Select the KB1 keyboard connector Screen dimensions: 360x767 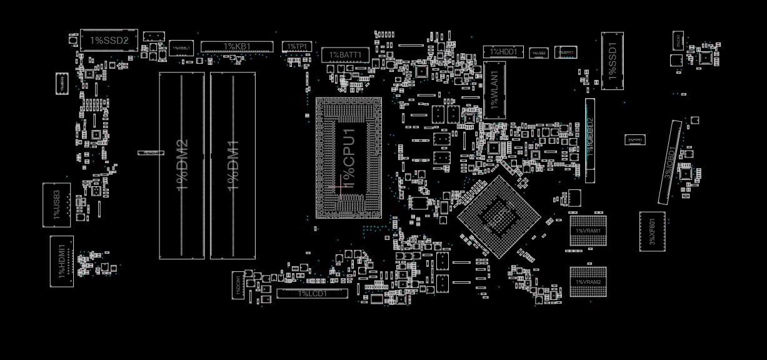pyautogui.click(x=237, y=47)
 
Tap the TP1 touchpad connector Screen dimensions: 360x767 pyautogui.click(x=296, y=47)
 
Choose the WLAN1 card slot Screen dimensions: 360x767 pyautogui.click(x=494, y=90)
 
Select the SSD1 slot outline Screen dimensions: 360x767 pyautogui.click(x=613, y=61)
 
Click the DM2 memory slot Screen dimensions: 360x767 pyautogui.click(x=182, y=165)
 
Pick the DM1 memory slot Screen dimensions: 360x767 pyautogui.click(x=233, y=165)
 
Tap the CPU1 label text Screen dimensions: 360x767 pyautogui.click(x=348, y=157)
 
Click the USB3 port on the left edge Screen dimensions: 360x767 pyautogui.click(x=56, y=204)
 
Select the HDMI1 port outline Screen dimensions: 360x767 pyautogui.click(x=62, y=261)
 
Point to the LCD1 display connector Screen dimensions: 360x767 pyautogui.click(x=312, y=293)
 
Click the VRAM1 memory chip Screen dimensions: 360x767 pyautogui.click(x=588, y=231)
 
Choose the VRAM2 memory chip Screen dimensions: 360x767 pyautogui.click(x=588, y=282)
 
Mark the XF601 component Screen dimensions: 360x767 pyautogui.click(x=652, y=231)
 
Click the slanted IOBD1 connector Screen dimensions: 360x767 pyautogui.click(x=669, y=162)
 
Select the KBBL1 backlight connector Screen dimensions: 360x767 pyautogui.click(x=181, y=48)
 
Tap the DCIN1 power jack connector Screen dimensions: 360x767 pyautogui.click(x=238, y=285)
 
